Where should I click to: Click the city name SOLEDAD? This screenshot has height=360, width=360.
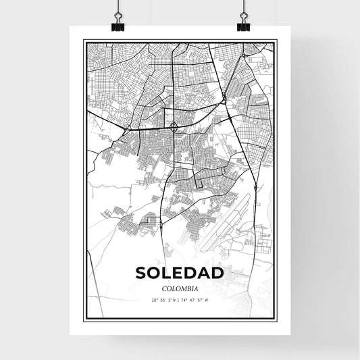(x=179, y=273)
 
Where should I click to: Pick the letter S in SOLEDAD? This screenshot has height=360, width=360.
(x=141, y=273)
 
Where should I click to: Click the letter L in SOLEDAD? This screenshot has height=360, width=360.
(x=168, y=273)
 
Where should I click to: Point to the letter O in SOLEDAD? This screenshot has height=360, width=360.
(x=155, y=273)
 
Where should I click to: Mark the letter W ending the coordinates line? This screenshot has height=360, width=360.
(x=207, y=299)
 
